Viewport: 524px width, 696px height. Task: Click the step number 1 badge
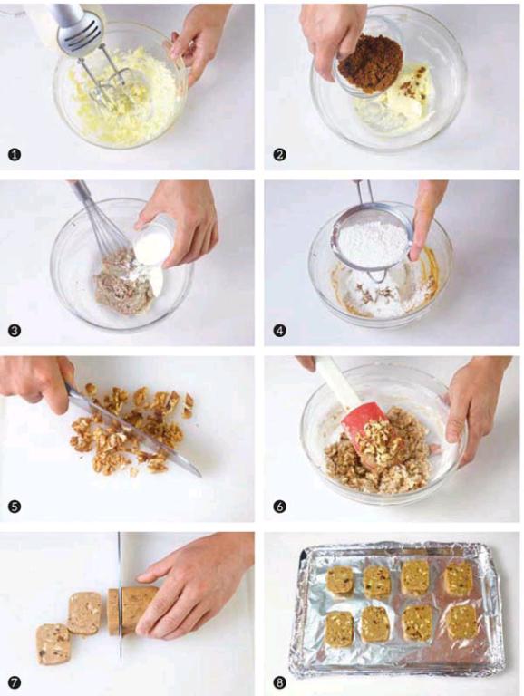tap(15, 154)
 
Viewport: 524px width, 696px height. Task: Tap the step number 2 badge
tap(280, 154)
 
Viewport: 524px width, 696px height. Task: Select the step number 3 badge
tap(15, 331)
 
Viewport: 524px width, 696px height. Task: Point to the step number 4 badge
tap(280, 331)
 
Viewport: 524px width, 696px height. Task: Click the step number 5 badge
tap(15, 507)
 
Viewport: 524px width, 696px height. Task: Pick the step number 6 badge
tap(280, 507)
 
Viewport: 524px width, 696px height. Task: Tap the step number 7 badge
tap(15, 682)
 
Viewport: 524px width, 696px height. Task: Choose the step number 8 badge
tap(280, 682)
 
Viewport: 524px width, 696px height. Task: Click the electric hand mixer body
tap(74, 27)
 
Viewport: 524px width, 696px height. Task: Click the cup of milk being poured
tap(153, 242)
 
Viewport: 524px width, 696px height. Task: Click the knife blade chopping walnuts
tap(133, 430)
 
